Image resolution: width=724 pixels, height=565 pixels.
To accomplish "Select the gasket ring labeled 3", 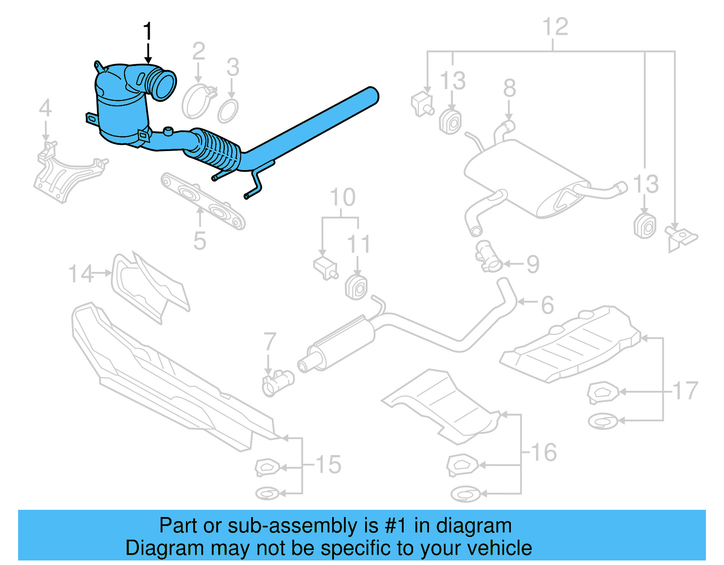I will tap(228, 111).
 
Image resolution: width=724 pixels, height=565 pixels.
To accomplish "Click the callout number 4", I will tap(45, 108).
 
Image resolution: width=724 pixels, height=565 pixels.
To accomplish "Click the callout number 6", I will tap(548, 305).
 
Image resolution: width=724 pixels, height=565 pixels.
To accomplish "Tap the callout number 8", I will tap(510, 88).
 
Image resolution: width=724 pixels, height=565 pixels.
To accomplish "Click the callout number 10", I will tap(343, 198).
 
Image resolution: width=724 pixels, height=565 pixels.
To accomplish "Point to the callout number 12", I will tap(555, 27).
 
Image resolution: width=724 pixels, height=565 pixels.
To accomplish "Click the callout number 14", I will tap(81, 274).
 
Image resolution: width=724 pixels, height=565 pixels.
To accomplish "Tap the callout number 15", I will tap(328, 465).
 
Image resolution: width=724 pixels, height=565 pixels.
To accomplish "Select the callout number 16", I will tap(543, 452).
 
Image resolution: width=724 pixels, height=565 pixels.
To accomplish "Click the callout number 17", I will tap(686, 391).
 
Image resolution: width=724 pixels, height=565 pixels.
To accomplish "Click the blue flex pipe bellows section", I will tap(217, 149).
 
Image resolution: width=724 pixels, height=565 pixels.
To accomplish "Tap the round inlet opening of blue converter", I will tap(164, 84).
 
